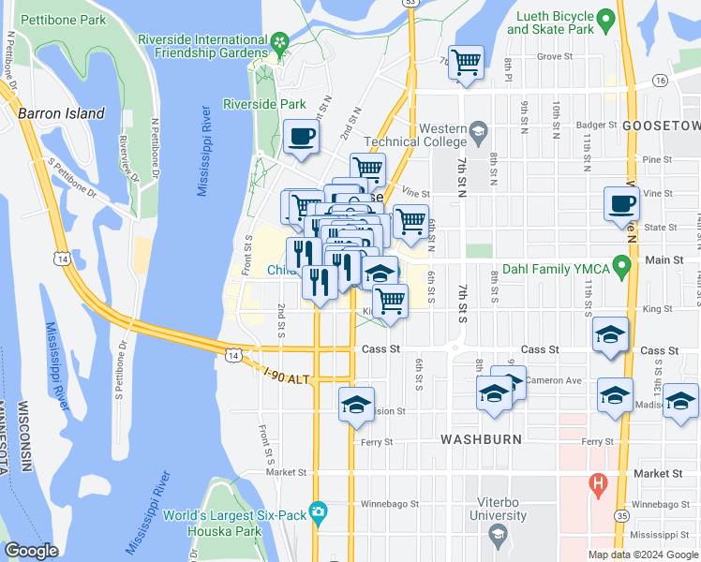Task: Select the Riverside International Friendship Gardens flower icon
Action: (x=279, y=42)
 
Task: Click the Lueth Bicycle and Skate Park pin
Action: (x=605, y=17)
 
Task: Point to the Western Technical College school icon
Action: (x=479, y=129)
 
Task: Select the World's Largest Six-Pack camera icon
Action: (x=320, y=510)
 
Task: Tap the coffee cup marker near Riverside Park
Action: (x=301, y=137)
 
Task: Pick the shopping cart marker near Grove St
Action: (x=466, y=63)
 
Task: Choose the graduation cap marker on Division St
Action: (x=356, y=405)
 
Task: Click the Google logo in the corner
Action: (x=32, y=551)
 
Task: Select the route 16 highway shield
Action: (x=661, y=82)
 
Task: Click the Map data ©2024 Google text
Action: (x=643, y=555)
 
